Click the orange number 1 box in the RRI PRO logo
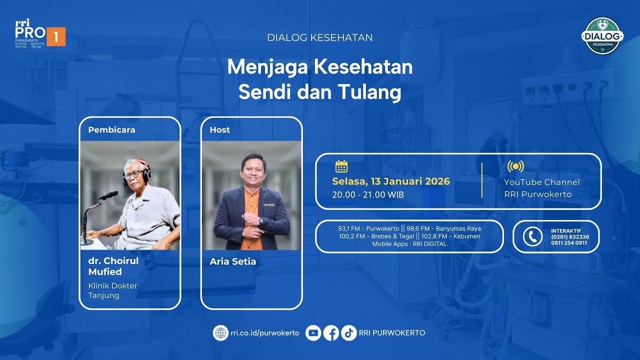(x=56, y=36)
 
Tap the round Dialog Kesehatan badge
(x=602, y=36)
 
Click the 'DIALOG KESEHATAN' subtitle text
(x=320, y=37)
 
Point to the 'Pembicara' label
(x=111, y=130)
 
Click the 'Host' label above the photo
(x=219, y=130)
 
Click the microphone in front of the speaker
(x=109, y=195)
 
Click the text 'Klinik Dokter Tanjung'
(x=112, y=290)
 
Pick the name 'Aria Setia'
(x=232, y=261)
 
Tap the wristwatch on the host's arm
(x=260, y=220)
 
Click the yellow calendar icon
(x=341, y=166)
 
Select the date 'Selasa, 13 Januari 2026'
(x=391, y=181)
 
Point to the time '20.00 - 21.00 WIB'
(x=368, y=194)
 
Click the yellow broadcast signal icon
(x=515, y=166)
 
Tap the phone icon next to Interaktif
(x=532, y=236)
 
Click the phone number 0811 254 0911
(x=569, y=243)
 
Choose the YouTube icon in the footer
(x=313, y=333)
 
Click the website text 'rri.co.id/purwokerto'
(x=265, y=333)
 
